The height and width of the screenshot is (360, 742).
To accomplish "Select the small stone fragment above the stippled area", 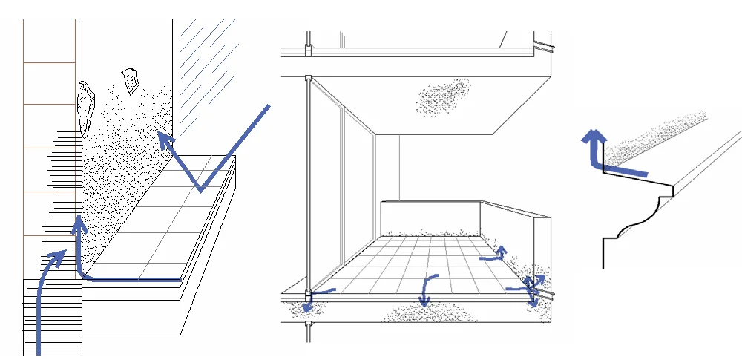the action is pos(131,79).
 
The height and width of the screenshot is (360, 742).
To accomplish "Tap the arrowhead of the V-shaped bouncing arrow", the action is pos(163,139).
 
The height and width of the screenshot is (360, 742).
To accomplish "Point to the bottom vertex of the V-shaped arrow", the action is pos(200,190).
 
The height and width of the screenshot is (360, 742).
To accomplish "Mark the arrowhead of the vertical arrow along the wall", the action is pos(78,223).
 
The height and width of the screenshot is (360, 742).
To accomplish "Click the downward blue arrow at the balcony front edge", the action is pos(425,289).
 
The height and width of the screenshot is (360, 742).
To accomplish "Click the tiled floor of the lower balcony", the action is pos(416,260).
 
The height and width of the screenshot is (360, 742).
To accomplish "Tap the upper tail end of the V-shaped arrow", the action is pos(267,108).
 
